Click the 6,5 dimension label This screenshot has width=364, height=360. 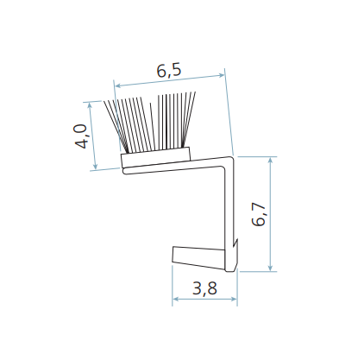(169, 71)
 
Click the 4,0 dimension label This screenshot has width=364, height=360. (81, 136)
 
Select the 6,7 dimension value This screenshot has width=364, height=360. (258, 214)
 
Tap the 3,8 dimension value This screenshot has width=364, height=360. (204, 288)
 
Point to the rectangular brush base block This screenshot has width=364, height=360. (155, 157)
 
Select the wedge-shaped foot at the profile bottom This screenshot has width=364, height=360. (198, 257)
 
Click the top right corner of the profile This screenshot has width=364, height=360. (232, 157)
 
